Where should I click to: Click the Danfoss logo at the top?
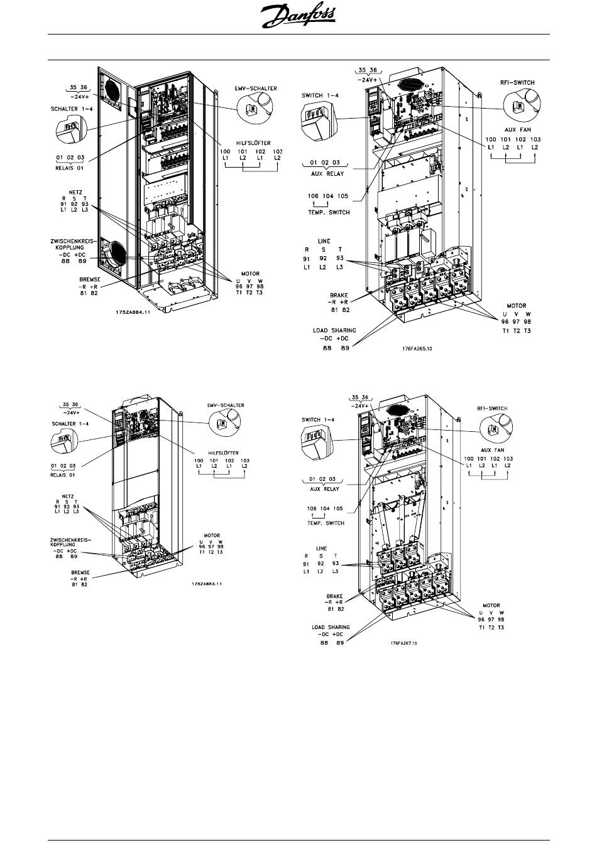tap(298, 16)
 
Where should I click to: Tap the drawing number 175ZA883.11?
tap(208, 584)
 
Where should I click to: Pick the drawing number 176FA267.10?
tap(403, 643)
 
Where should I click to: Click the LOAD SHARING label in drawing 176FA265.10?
tap(334, 330)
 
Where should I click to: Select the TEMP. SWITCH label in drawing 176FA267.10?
tap(326, 522)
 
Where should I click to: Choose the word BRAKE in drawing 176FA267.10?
tap(334, 597)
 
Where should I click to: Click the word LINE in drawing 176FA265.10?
tap(324, 241)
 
